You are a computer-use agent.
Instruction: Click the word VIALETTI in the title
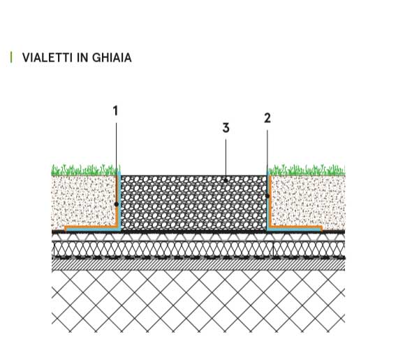[x=47, y=58]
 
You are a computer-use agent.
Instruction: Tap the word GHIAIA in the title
[x=112, y=58]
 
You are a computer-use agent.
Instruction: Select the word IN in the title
[x=82, y=58]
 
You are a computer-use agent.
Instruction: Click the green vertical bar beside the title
[x=11, y=57]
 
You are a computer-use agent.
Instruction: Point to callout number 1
[x=115, y=111]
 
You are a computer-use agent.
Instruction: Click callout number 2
[x=267, y=118]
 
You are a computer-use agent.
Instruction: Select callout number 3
[x=226, y=128]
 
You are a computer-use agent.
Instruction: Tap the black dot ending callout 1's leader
[x=117, y=204]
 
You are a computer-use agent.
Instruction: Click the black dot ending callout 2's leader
[x=267, y=196]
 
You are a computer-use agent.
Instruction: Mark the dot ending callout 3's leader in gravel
[x=226, y=180]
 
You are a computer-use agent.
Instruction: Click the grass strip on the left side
[x=86, y=171]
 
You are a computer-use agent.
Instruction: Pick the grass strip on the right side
[x=307, y=171]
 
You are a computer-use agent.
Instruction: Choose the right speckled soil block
[x=308, y=201]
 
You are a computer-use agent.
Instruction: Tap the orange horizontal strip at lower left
[x=91, y=226]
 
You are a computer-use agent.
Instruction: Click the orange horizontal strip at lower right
[x=296, y=226]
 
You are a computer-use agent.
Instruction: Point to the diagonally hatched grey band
[x=198, y=265]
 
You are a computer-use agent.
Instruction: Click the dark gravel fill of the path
[x=193, y=203]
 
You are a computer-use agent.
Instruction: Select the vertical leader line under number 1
[x=117, y=163]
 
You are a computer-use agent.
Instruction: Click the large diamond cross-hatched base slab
[x=198, y=301]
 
